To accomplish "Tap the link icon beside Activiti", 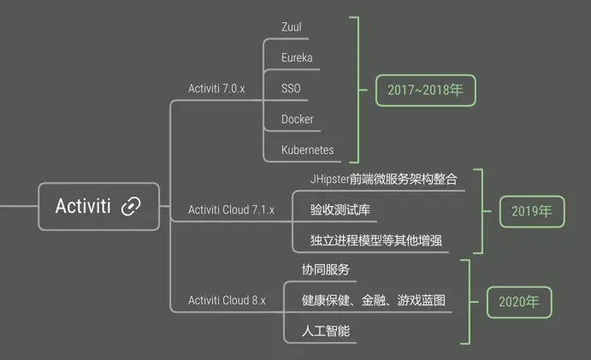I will pyautogui.click(x=131, y=206).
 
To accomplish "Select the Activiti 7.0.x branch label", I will pyautogui.click(x=216, y=88).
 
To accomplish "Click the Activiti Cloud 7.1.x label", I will pyautogui.click(x=231, y=210).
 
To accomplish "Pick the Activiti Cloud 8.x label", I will pyautogui.click(x=227, y=300).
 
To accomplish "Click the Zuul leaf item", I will pyautogui.click(x=292, y=27).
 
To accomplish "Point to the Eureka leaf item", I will pyautogui.click(x=297, y=57).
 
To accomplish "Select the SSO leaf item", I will pyautogui.click(x=291, y=88).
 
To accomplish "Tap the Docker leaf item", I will pyautogui.click(x=298, y=119).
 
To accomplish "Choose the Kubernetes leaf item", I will pyautogui.click(x=308, y=150).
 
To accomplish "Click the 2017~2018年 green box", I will pyautogui.click(x=425, y=89).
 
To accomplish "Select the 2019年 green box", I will pyautogui.click(x=532, y=210).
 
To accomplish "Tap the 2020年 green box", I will pyautogui.click(x=518, y=301).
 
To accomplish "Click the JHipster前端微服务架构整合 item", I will pyautogui.click(x=384, y=179).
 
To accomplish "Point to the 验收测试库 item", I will pyautogui.click(x=340, y=210).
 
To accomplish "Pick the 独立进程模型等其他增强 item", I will pyautogui.click(x=376, y=240).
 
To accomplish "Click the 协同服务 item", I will pyautogui.click(x=326, y=269).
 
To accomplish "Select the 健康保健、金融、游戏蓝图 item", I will pyautogui.click(x=374, y=300).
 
